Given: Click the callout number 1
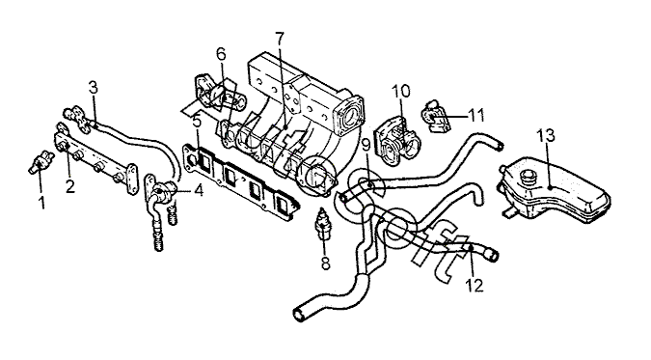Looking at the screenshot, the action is [x=41, y=203].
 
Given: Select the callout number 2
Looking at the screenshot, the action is [x=70, y=186].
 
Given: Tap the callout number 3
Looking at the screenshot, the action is [x=94, y=87].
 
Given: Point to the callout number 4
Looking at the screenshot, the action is [x=199, y=190].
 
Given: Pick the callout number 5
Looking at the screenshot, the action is [x=197, y=122].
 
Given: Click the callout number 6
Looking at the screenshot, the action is [x=221, y=54].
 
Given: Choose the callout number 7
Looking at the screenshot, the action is [x=280, y=39].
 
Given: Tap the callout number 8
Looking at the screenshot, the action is [x=326, y=263].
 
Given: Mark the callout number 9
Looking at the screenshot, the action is [x=366, y=145].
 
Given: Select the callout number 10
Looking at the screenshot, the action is [x=401, y=91].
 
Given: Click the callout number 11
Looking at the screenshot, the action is [x=476, y=115].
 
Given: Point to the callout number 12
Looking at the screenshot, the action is [x=475, y=286].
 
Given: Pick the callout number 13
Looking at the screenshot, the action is [x=546, y=135].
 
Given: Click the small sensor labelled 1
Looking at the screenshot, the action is [x=41, y=161].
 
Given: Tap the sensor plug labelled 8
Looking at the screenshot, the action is [x=323, y=225].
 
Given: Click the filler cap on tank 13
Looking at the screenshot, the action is [x=529, y=178].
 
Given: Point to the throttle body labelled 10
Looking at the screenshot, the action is [x=396, y=143].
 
